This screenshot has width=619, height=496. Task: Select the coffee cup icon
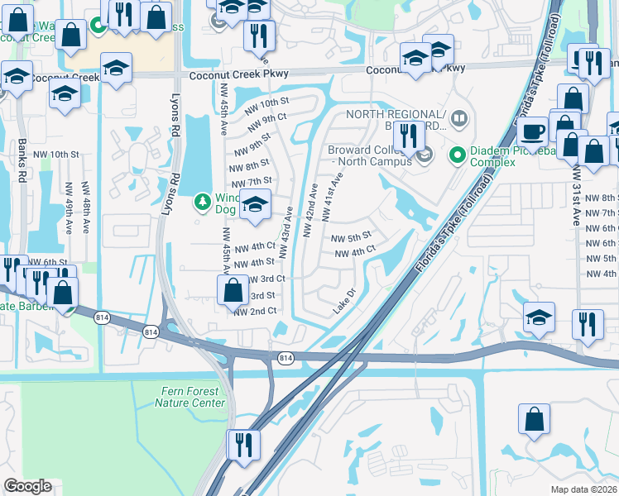(532, 131)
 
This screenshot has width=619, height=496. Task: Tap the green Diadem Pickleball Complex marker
(455, 155)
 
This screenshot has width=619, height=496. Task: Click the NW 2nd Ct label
(255, 311)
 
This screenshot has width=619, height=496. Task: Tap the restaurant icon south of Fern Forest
(243, 444)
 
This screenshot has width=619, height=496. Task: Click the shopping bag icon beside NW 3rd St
(233, 290)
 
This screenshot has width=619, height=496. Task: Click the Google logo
(27, 486)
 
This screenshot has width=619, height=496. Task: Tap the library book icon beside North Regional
(459, 121)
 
